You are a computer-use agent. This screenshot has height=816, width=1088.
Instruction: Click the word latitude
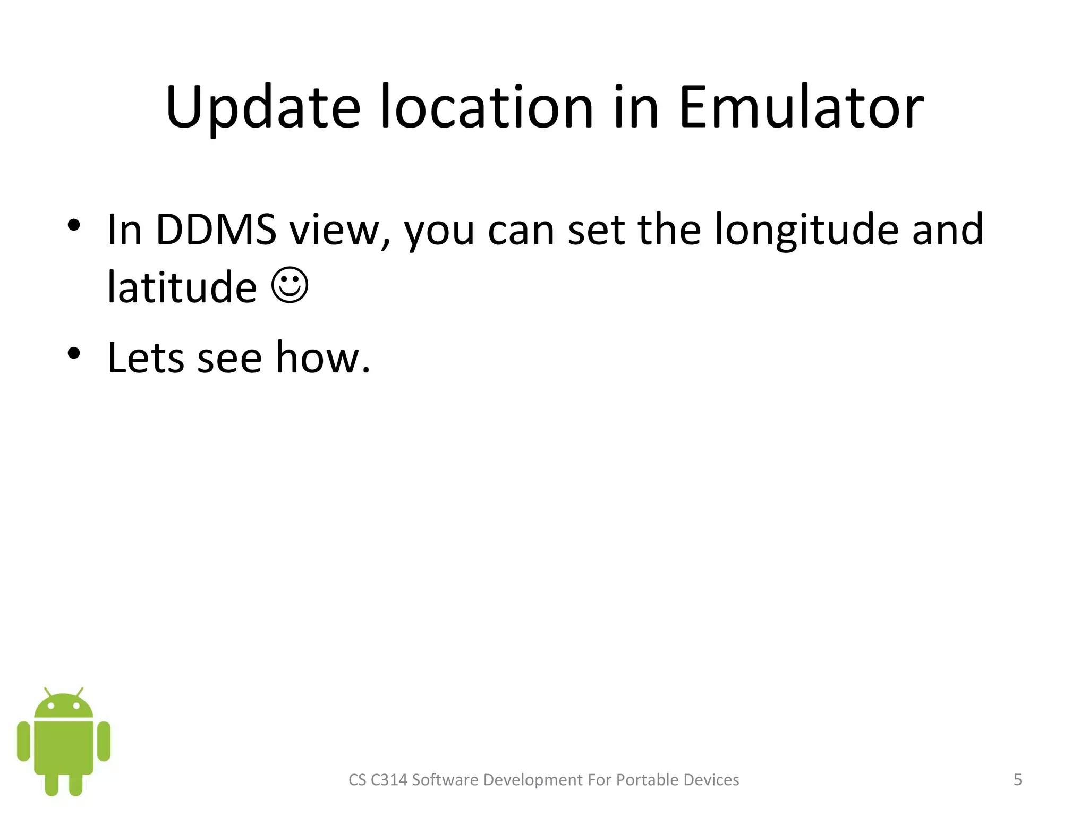pos(182,287)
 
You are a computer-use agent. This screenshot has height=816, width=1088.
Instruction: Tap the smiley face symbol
pos(290,286)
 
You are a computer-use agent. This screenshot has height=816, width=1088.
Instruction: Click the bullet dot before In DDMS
pos(74,225)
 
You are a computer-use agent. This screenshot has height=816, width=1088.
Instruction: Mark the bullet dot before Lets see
pos(74,353)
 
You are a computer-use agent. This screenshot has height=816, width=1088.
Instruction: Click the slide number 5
pos(1017,780)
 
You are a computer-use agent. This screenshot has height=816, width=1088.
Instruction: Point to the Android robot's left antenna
pos(47,692)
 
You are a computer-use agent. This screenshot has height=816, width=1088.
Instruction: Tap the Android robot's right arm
pos(104,741)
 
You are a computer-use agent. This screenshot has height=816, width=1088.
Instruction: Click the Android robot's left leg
pos(52,785)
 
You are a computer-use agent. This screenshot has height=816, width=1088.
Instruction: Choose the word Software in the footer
pos(445,780)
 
